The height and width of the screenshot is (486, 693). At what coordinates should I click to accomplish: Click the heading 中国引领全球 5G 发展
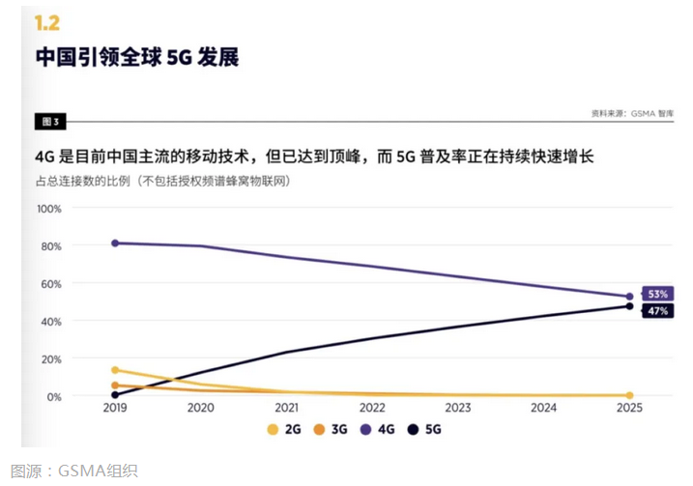137,58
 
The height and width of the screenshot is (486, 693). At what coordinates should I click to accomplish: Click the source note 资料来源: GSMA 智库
632,113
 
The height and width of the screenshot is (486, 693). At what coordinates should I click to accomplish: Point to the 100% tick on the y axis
49,209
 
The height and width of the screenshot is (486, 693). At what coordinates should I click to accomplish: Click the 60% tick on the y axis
51,284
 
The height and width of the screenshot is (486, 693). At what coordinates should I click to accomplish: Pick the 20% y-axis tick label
51,359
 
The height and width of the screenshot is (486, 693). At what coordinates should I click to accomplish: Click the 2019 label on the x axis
115,409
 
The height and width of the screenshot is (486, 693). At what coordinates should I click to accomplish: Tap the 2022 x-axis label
372,409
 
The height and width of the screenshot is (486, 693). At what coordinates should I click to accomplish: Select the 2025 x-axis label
629,409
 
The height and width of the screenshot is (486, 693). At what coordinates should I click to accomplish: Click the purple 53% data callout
657,293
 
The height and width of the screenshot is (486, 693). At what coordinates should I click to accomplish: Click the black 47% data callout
657,310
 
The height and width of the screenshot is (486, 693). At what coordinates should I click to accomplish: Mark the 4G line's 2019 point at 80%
116,243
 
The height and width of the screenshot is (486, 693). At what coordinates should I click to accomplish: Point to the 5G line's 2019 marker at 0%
116,394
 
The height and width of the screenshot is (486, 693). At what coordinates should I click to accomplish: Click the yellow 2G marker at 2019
116,370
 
